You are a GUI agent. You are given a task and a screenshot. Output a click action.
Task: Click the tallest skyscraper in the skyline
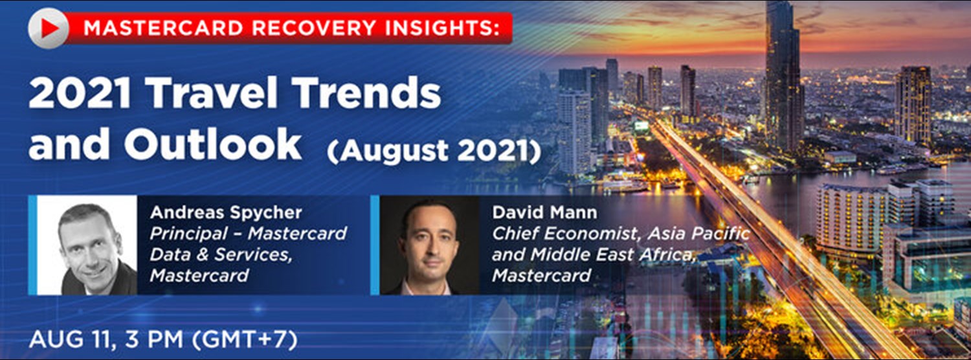[x=784, y=71]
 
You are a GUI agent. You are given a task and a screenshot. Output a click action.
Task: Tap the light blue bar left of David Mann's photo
[x=375, y=245]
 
